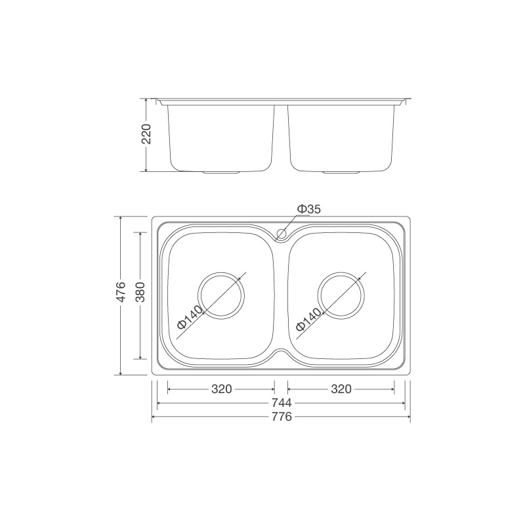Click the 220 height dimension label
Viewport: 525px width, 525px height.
(146, 135)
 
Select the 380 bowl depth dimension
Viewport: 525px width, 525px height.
(140, 295)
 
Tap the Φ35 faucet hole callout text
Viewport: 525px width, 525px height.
(308, 209)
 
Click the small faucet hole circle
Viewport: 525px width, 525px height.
(282, 233)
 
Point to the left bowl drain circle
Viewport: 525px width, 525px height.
(222, 295)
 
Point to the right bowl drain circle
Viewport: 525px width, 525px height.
(341, 295)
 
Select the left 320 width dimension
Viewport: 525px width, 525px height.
(221, 389)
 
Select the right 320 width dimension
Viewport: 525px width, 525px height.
(341, 389)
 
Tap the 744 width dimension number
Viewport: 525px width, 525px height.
(281, 403)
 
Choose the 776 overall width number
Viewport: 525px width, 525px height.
(281, 417)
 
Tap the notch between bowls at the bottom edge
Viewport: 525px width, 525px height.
(282, 355)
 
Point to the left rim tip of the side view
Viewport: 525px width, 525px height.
(154, 100)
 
